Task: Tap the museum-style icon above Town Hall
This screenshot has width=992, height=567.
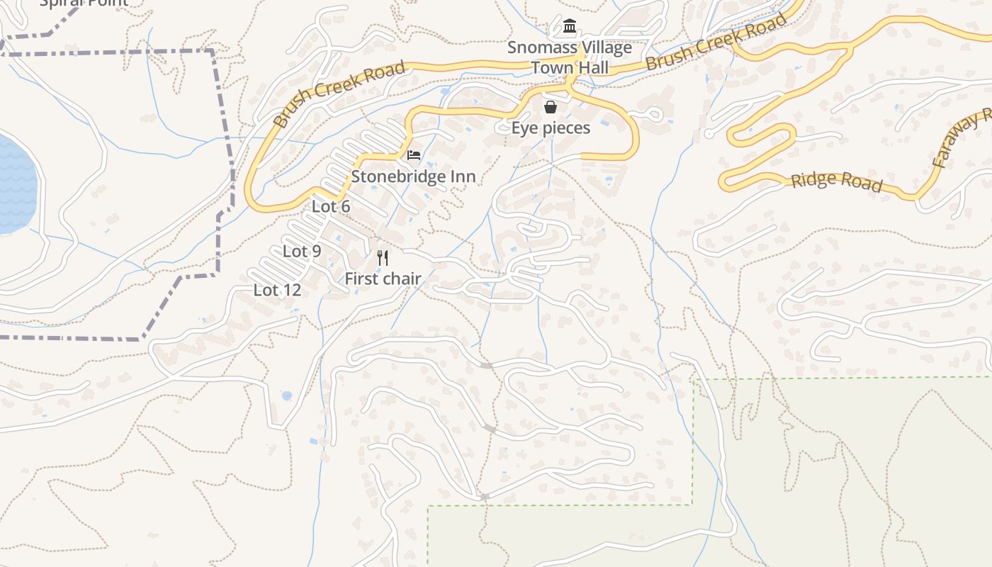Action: tap(570, 28)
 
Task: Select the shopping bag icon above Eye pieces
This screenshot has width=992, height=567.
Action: tap(551, 107)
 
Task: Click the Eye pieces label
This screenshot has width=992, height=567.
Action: tap(551, 128)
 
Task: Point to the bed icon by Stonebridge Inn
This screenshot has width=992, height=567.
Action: tap(414, 155)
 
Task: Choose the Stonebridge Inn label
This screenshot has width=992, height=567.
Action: tap(414, 176)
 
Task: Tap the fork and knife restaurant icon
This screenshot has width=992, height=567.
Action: tap(383, 257)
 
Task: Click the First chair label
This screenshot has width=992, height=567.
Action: tap(383, 279)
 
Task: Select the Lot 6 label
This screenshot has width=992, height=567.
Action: tap(331, 207)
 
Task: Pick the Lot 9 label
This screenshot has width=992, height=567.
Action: tap(302, 251)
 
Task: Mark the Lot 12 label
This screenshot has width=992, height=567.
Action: tap(277, 290)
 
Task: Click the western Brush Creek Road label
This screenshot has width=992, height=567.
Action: tap(339, 94)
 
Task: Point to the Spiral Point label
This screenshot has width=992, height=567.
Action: tap(84, 2)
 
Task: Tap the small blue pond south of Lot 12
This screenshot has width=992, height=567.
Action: tap(286, 395)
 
